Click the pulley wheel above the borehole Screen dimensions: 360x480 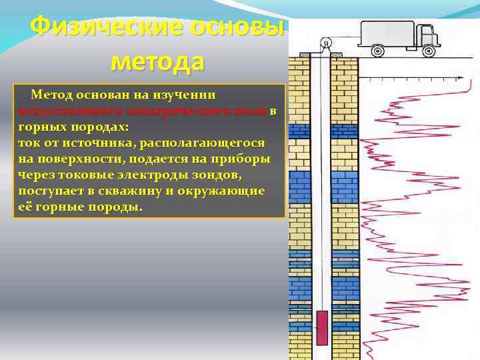tap(325, 44)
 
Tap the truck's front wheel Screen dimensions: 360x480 tap(425, 50)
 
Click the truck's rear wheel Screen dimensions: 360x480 tap(378, 50)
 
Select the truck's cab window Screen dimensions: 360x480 tap(425, 29)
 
